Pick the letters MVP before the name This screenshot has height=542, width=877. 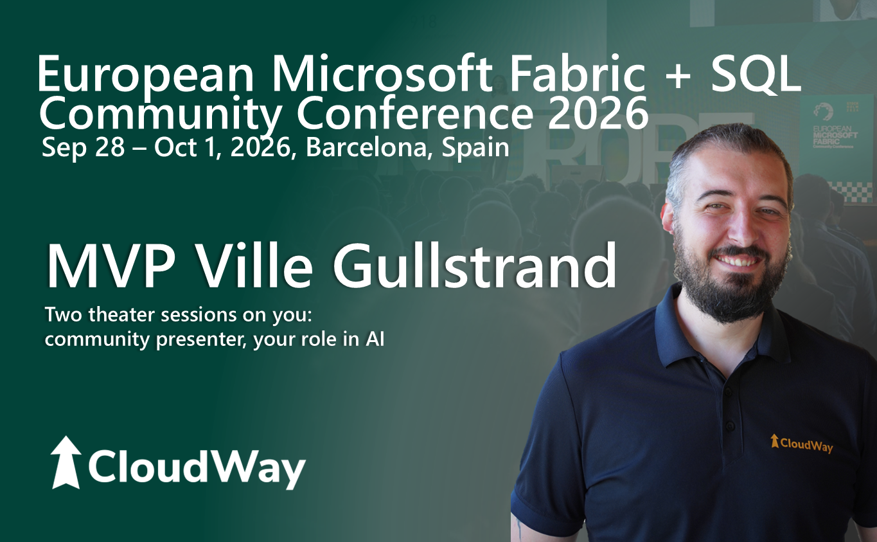[x=111, y=266]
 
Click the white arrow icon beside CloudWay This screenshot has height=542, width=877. [x=66, y=462]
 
